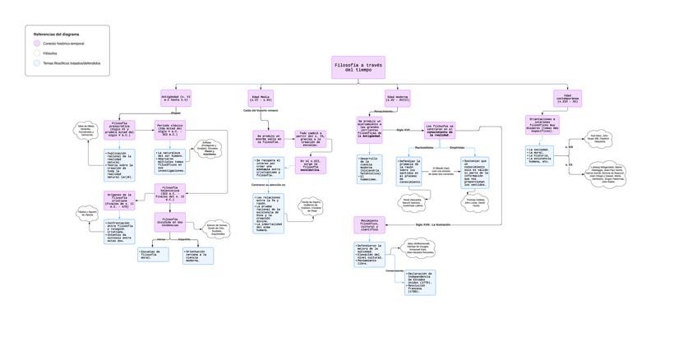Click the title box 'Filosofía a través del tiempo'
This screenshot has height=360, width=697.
point(358,67)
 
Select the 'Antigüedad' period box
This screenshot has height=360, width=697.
point(176,98)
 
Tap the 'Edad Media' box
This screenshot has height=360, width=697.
point(261,98)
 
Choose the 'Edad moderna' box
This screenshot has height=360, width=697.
point(397,98)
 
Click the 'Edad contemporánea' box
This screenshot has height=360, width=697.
point(567,98)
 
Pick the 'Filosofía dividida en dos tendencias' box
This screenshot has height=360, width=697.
point(170,223)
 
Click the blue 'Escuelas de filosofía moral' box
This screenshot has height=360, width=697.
point(154,255)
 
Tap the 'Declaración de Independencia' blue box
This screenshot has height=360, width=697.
point(420,282)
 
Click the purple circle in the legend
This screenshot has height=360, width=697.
point(37,43)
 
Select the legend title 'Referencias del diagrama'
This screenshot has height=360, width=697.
point(57,34)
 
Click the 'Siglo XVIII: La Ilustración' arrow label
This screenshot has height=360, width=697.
point(432,224)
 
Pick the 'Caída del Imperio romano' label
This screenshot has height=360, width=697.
point(261,109)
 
